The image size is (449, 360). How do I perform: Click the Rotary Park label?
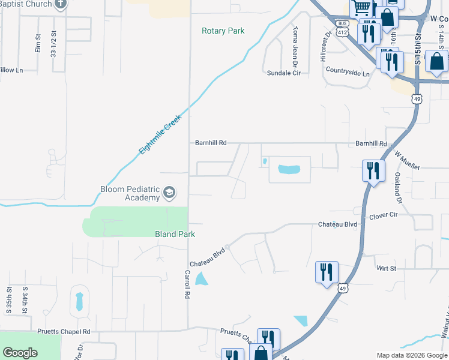pos(223,31)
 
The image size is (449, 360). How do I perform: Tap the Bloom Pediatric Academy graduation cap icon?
pos(169,193)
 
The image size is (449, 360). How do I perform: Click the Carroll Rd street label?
pos(187,284)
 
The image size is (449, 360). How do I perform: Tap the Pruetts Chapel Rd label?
pos(62,331)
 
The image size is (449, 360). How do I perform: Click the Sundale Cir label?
pos(283,73)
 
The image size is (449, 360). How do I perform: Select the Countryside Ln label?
pos(348,72)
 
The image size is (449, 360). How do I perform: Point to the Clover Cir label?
pos(384,215)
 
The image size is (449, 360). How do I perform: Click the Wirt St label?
pos(386,268)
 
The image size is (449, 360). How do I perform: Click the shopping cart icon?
pos(361,8)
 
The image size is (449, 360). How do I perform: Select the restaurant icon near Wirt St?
pos(327,272)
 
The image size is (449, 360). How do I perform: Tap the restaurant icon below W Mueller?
pos(373,171)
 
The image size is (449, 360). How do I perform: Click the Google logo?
pos(20,353)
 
